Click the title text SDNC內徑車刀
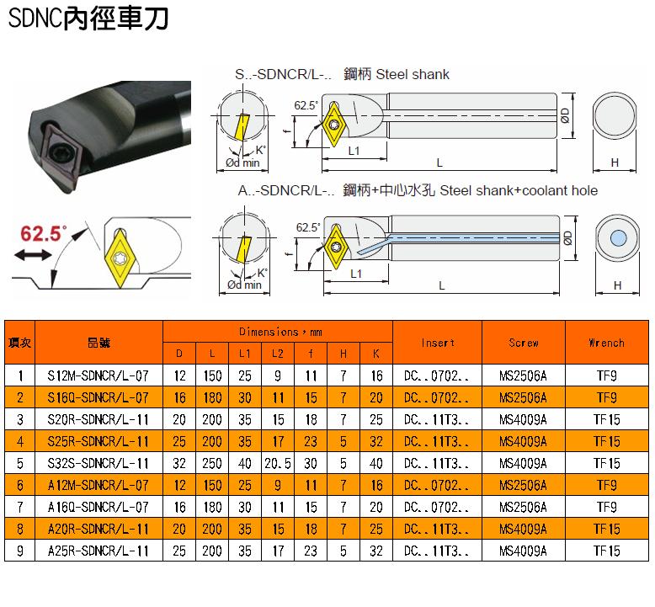click(x=88, y=19)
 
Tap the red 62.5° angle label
click(x=44, y=233)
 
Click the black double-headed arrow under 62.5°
click(x=33, y=254)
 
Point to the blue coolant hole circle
click(x=618, y=238)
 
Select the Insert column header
click(x=437, y=343)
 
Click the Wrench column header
click(x=606, y=343)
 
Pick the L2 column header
click(x=278, y=354)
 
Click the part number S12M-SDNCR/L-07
click(x=99, y=376)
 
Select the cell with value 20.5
click(x=278, y=463)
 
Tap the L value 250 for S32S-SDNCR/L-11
click(x=212, y=463)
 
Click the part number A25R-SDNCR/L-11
click(x=99, y=551)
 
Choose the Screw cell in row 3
click(x=523, y=419)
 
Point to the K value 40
click(x=376, y=463)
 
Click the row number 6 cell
click(x=20, y=485)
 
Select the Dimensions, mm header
click(x=280, y=332)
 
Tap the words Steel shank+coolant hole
click(x=519, y=190)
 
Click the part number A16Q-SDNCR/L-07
click(x=99, y=507)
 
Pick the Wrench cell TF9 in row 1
click(x=606, y=376)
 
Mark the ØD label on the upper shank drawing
click(x=565, y=115)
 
